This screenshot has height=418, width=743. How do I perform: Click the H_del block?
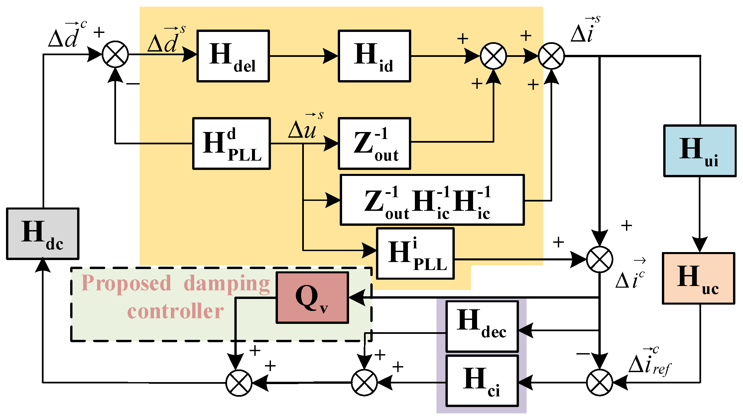[x=233, y=56]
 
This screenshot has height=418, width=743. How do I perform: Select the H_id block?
[x=374, y=56]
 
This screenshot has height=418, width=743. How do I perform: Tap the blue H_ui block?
[x=699, y=151]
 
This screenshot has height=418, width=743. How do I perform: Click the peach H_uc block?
[x=698, y=278]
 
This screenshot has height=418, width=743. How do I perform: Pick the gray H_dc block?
[x=43, y=233]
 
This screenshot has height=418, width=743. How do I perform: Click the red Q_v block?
[x=312, y=298]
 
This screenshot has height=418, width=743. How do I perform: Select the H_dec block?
[x=482, y=326]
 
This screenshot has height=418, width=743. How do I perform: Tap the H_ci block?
[x=482, y=381]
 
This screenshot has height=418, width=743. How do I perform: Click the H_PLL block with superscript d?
[x=231, y=143]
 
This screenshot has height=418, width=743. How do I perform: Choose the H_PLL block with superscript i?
[x=415, y=253]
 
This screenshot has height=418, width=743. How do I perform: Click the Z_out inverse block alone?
[x=374, y=143]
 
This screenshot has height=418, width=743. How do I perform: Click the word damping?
[x=227, y=284]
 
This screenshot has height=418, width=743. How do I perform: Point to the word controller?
[x=176, y=312]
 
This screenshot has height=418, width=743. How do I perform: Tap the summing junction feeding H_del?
[x=115, y=54]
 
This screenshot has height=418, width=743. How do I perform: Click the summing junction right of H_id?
[x=493, y=56]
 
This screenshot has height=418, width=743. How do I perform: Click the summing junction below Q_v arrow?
[x=239, y=383]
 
